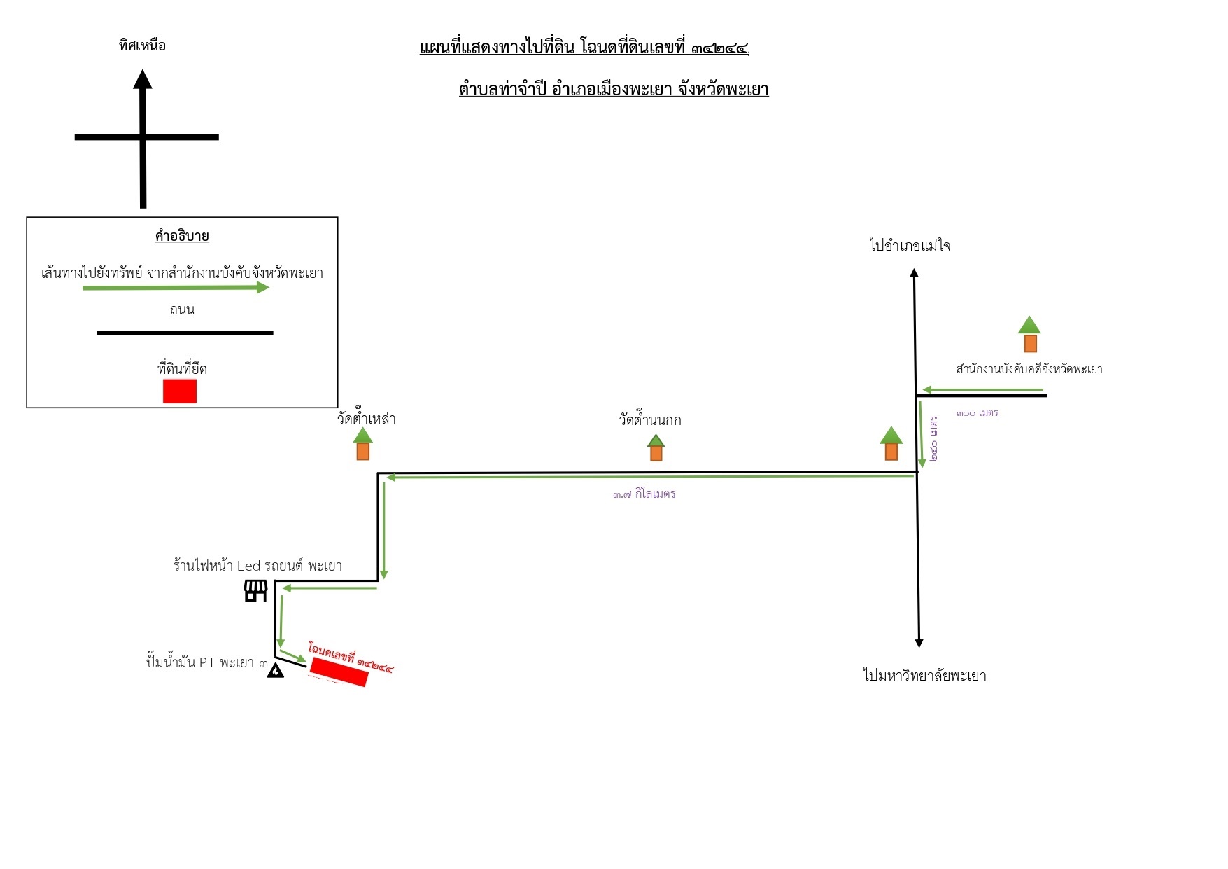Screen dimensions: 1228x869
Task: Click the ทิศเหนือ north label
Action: pos(142,46)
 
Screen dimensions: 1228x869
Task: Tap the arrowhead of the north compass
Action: pos(143,79)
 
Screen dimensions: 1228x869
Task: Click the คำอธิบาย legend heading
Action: pos(182,236)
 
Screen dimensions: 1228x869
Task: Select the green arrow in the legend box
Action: pos(176,287)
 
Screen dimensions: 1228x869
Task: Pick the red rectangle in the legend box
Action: pos(180,391)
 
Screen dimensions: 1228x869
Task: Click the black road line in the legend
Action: pos(185,333)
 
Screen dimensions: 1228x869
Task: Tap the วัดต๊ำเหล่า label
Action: pos(366,419)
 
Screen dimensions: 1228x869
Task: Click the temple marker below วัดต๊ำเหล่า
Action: pos(362,443)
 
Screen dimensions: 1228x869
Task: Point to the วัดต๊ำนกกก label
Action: pos(650,420)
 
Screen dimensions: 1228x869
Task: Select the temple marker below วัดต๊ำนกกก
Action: pos(656,447)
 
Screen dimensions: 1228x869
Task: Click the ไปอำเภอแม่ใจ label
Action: pos(910,245)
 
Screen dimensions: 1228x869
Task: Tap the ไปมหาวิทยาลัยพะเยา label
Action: pos(924,676)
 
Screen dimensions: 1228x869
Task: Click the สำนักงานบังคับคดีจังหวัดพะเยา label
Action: pos(1029,369)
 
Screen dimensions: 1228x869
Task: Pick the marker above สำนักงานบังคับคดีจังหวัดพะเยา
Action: pos(1029,334)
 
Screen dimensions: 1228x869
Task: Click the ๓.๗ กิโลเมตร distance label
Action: pos(644,494)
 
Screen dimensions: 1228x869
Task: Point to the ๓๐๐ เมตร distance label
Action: pos(978,413)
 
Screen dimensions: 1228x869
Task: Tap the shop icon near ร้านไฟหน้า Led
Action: pos(255,591)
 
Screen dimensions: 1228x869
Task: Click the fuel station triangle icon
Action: pos(276,670)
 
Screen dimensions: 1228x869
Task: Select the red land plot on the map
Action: pos(339,672)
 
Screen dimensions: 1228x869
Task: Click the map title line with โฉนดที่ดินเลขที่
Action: pos(584,48)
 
